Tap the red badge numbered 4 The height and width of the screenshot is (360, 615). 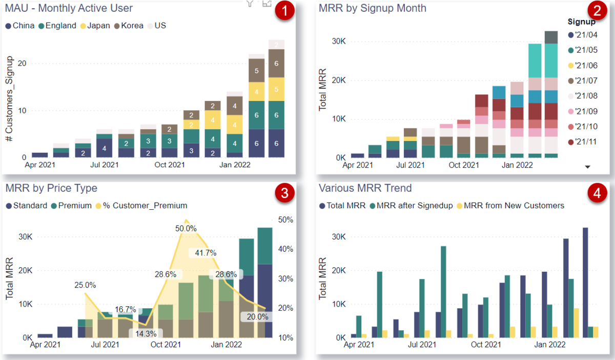(597, 193)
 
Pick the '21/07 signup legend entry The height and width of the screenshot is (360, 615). (586, 81)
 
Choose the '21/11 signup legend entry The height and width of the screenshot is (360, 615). (586, 142)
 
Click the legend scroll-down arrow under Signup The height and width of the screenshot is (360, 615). (588, 167)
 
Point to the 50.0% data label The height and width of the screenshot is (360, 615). (186, 229)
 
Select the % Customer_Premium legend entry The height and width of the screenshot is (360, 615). (145, 206)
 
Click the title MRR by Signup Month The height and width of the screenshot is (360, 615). (373, 8)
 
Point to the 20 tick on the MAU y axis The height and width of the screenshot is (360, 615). (20, 64)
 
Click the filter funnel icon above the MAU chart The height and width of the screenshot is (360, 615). (250, 3)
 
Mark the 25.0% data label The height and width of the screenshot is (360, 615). (85, 285)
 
